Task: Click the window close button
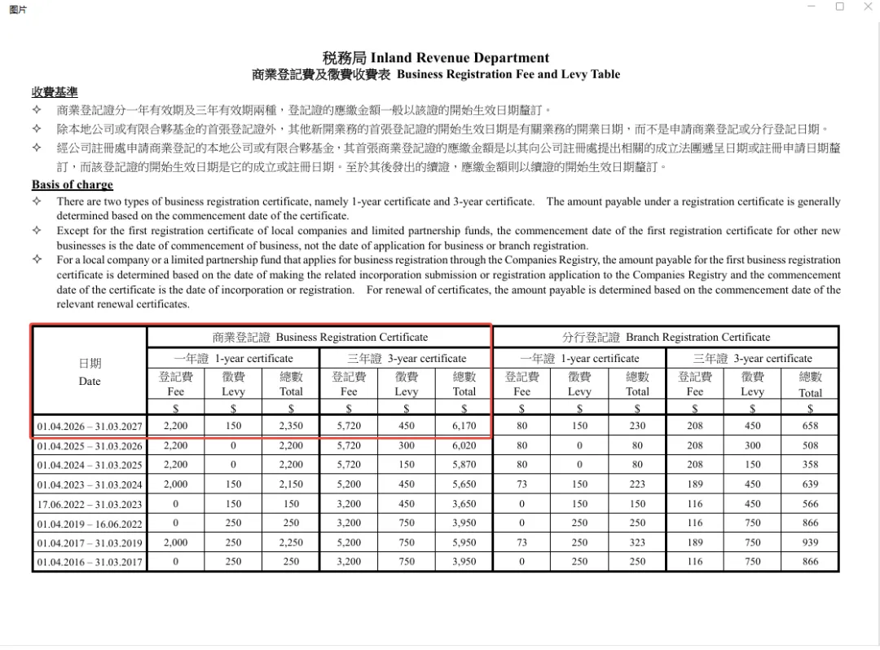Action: click(x=867, y=7)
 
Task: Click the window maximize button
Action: click(x=839, y=7)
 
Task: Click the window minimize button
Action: click(x=812, y=7)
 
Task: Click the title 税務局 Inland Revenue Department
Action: click(x=435, y=58)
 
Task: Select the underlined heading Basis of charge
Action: click(x=73, y=184)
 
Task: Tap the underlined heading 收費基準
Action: click(x=55, y=92)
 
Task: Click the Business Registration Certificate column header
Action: click(x=319, y=337)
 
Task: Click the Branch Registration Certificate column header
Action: click(x=666, y=337)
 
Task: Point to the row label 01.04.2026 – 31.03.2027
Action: click(x=90, y=427)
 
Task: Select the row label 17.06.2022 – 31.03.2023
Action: click(x=90, y=504)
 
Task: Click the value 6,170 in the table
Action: click(x=464, y=427)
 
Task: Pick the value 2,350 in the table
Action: click(x=291, y=427)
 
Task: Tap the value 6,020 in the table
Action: click(x=464, y=446)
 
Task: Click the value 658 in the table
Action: click(x=810, y=427)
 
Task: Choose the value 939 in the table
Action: click(x=810, y=542)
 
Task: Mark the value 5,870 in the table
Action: click(x=464, y=465)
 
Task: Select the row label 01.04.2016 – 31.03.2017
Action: click(x=90, y=562)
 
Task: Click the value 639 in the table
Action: click(x=810, y=484)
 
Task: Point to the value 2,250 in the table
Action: click(x=291, y=542)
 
